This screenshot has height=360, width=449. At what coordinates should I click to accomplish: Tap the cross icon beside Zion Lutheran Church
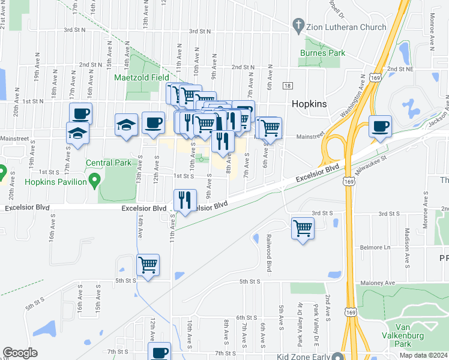tap(297, 26)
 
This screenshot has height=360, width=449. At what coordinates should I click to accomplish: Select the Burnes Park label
tap(322, 53)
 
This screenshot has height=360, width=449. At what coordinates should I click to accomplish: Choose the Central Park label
tap(108, 162)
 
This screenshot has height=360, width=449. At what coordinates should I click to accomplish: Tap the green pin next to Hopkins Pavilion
tap(94, 180)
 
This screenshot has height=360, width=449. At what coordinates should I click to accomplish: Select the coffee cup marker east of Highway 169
tap(380, 127)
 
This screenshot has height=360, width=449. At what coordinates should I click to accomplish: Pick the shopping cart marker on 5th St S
tap(148, 265)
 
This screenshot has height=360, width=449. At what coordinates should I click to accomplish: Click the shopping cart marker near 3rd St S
tap(303, 228)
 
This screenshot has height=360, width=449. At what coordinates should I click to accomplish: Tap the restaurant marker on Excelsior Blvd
tap(185, 199)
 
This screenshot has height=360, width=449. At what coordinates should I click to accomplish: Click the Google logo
tap(20, 353)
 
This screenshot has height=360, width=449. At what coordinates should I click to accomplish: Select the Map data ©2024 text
tap(424, 355)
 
